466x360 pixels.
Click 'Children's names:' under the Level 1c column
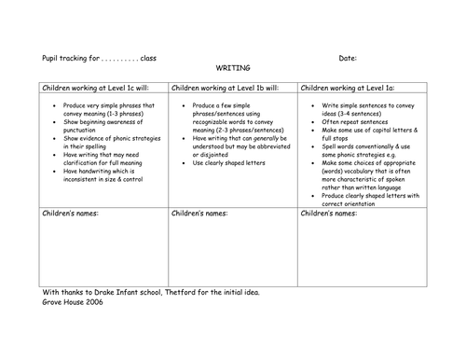71,215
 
